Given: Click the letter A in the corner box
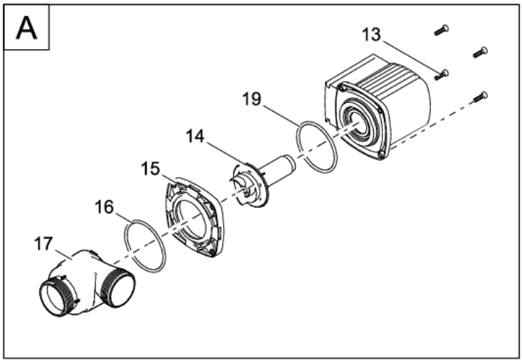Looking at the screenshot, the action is pos(26,28).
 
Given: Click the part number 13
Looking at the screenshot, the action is pos(371,35).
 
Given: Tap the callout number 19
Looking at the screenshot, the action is pos(251,99).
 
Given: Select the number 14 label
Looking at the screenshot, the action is pos(194,137).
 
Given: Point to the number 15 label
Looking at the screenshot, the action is pos(150,169).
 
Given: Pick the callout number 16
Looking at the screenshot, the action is pos(104,207).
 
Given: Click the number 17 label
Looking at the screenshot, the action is pos(43,244).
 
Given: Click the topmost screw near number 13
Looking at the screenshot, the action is pos(442,31).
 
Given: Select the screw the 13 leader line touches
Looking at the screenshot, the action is pos(442,75).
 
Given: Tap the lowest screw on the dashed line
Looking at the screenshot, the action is pos(480,97).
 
